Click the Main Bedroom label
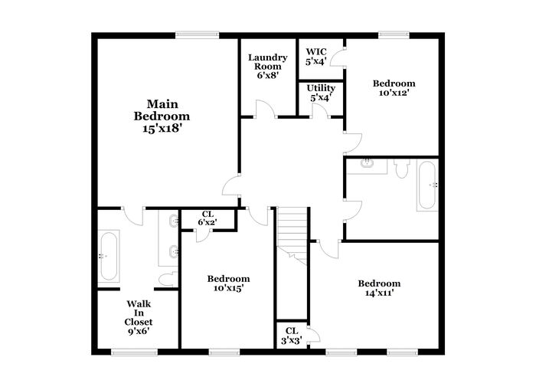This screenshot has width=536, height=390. tap(162, 110)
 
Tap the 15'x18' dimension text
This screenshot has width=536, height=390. tap(162, 129)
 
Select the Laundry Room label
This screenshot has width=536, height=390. tap(268, 62)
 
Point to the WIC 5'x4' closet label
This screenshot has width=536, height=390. tap(316, 57)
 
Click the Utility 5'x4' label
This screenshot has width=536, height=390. tap(321, 93)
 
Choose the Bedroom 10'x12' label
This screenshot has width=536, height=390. tap(394, 88)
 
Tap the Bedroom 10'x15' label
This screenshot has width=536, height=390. tap(228, 283)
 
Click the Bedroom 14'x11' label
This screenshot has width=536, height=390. tap(379, 288)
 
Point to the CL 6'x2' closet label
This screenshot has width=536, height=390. tap(208, 218)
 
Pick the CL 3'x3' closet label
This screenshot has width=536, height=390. tap(292, 336)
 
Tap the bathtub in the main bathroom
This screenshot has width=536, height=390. tap(109, 256)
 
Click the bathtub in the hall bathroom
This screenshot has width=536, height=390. tap(427, 185)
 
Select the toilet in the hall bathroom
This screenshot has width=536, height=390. tap(402, 168)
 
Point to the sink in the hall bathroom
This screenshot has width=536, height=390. tap(367, 162)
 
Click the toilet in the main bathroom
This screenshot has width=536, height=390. tap(169, 279)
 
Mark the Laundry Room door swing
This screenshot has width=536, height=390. tap(265, 109)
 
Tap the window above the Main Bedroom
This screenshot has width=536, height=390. tap(198, 35)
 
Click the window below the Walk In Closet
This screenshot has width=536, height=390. tap(134, 352)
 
